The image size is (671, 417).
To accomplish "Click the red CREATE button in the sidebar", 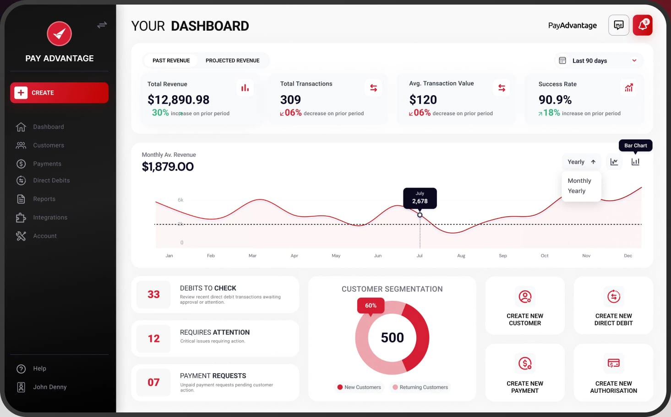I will (59, 93).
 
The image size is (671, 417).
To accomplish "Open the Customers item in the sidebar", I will (48, 145).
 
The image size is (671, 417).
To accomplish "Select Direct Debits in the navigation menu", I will (51, 181).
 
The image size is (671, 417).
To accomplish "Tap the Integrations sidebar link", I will (50, 218).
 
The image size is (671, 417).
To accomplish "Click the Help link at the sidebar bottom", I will (39, 369).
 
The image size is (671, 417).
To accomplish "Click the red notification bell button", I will (643, 25).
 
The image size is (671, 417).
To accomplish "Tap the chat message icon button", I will (618, 25).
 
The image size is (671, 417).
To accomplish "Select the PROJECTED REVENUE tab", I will (232, 60).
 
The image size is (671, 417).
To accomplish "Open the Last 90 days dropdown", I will (598, 60).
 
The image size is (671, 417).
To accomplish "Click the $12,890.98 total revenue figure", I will (178, 100).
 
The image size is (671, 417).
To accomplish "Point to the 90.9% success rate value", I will (555, 100).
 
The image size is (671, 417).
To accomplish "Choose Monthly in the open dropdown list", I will (579, 181).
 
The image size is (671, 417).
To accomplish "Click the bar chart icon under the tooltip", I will (635, 162).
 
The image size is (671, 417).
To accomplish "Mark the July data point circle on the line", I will (420, 215).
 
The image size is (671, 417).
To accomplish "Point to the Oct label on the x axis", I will (545, 256).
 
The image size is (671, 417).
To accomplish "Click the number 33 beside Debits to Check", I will (153, 294).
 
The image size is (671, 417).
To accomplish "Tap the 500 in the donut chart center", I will (392, 337).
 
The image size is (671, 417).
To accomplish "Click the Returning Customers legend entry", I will (420, 387).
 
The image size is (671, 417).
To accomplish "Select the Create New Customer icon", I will (525, 297).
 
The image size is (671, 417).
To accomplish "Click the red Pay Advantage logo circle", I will (60, 33).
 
